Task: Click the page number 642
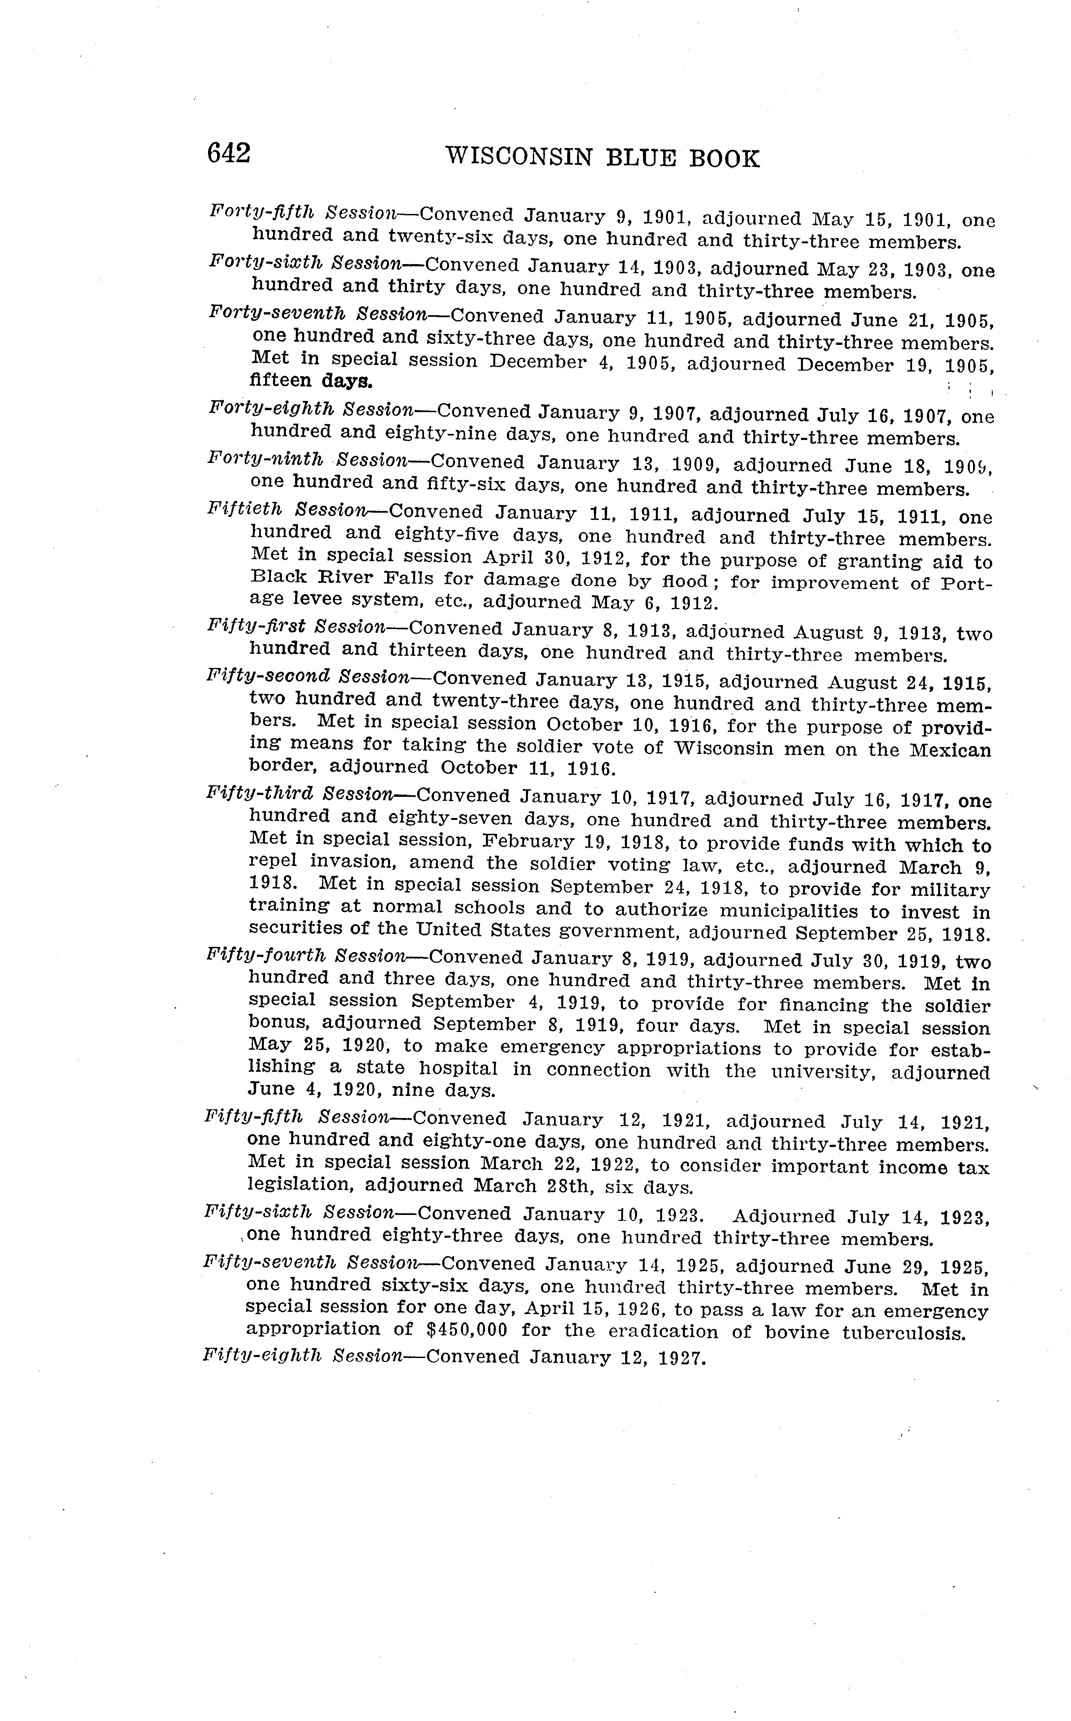click(229, 154)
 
